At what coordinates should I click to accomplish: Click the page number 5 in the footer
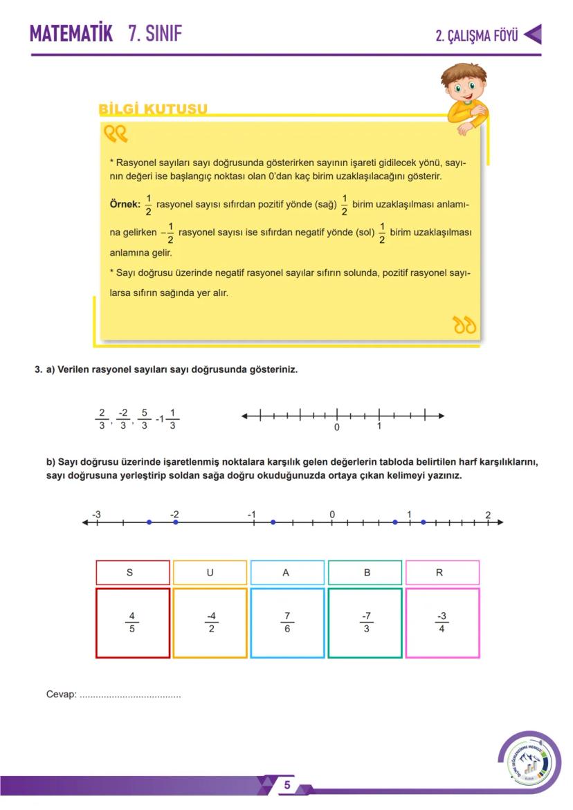286,785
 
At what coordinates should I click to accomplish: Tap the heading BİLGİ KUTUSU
153,109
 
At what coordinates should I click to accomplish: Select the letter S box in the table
132,573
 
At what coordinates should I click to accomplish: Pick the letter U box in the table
210,573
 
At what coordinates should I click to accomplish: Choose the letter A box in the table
286,573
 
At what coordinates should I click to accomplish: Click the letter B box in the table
365,573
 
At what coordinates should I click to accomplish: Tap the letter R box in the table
442,573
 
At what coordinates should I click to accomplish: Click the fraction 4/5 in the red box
132,623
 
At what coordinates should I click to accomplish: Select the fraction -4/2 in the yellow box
210,623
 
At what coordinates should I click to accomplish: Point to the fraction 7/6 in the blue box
286,623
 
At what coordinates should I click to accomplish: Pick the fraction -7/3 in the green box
365,623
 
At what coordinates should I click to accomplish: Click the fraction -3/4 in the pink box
442,623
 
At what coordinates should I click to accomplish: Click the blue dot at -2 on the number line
176,522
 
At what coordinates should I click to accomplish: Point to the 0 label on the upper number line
336,427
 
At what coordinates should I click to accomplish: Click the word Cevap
60,694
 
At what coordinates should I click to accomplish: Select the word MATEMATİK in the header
71,33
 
